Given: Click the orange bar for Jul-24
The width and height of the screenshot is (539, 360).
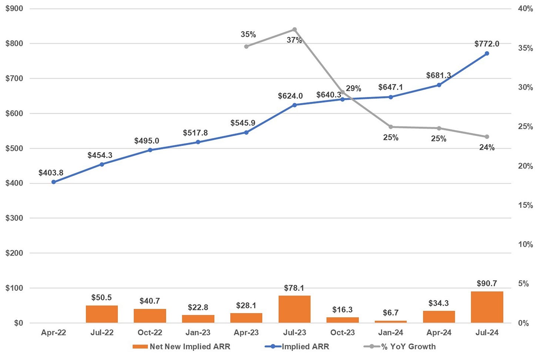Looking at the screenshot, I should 487,307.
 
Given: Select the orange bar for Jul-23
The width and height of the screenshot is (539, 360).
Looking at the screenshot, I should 294,309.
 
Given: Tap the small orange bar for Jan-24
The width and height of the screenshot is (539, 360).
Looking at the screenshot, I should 391,321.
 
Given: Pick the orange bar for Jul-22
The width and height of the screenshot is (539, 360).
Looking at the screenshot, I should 102,314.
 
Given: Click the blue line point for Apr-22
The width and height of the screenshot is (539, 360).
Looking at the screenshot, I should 54,182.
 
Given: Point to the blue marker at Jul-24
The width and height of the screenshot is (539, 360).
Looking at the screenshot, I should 487,53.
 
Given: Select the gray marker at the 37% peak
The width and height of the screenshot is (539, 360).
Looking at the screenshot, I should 295,29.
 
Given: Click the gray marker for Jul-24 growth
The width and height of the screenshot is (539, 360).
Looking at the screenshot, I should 487,137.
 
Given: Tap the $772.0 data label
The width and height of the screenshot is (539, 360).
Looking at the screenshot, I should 486,44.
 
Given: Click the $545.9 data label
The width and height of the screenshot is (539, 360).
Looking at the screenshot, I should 242,123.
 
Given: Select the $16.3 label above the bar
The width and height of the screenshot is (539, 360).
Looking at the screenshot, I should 342,310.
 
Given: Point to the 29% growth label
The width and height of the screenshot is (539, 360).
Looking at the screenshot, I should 353,89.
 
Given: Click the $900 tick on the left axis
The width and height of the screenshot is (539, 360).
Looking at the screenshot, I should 14,9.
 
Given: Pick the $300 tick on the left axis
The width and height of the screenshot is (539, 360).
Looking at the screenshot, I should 14,218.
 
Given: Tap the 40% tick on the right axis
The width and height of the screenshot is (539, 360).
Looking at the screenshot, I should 525,9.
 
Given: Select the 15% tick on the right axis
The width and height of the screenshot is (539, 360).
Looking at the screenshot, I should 525,205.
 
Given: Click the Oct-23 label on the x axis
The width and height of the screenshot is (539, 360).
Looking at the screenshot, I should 342,333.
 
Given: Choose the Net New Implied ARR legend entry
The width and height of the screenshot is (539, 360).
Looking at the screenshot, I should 181,347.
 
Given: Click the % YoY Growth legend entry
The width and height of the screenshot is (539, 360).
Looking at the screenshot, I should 400,347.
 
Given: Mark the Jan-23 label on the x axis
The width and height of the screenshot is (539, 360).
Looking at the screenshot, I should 198,333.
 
